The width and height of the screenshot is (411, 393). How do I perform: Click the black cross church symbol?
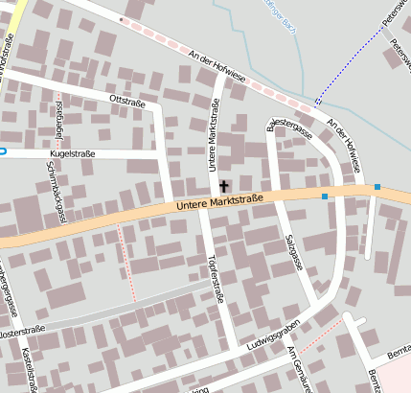[x=225, y=185]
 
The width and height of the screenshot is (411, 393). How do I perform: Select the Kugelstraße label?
[x=72, y=152]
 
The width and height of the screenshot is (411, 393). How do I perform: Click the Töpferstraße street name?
[x=216, y=279]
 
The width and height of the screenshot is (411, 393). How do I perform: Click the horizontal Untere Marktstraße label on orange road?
[x=219, y=203]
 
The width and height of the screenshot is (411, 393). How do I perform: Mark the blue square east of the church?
[x=325, y=196]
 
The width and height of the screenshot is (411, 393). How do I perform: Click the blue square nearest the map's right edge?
[x=377, y=186]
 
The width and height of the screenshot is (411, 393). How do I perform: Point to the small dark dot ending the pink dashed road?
[x=120, y=19]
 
